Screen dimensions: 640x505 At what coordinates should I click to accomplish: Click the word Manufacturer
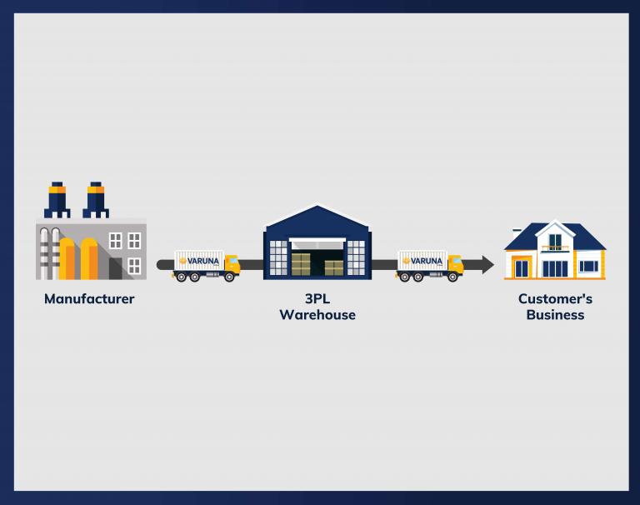pos(89,299)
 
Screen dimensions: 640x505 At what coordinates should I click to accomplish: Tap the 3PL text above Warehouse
pos(317,299)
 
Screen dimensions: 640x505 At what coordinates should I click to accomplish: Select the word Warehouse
pos(317,315)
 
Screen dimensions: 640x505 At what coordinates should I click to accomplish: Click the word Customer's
pos(555,299)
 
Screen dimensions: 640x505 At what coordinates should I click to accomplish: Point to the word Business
pos(555,315)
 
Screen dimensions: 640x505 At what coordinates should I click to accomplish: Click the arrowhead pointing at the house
pos(487,265)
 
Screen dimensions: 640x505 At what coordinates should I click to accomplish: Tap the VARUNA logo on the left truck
pos(199,261)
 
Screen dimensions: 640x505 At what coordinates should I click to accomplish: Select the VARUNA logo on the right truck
pos(422,261)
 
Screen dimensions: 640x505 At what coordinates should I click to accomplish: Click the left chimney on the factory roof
pos(57,200)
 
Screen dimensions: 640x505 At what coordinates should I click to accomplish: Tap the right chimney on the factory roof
pos(96,200)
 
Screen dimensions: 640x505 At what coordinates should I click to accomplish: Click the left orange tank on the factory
pos(67,259)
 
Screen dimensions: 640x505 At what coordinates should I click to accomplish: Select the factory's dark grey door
pos(116,268)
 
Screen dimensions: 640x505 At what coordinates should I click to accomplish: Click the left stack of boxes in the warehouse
pos(301,264)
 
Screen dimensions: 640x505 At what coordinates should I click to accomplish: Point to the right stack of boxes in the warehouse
pos(334,268)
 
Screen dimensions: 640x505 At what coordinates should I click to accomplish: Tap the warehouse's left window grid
pos(278,257)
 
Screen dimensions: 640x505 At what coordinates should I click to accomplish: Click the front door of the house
pos(522,268)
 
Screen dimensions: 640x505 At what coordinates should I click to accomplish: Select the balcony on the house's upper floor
pos(555,248)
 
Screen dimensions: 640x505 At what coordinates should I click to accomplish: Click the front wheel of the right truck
pos(452,277)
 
